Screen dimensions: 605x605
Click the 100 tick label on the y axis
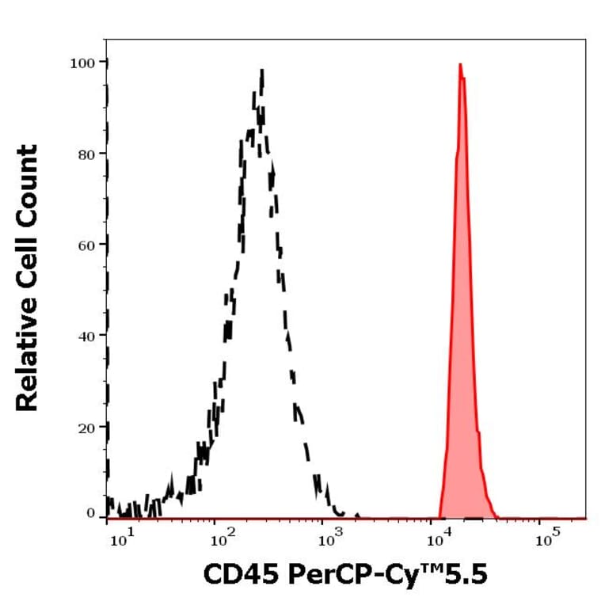[83, 62]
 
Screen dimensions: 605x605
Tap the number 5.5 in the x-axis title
[467, 574]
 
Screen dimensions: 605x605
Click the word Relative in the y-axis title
[28, 356]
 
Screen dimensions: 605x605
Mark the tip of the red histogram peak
[460, 64]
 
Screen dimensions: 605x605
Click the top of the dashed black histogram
[261, 70]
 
